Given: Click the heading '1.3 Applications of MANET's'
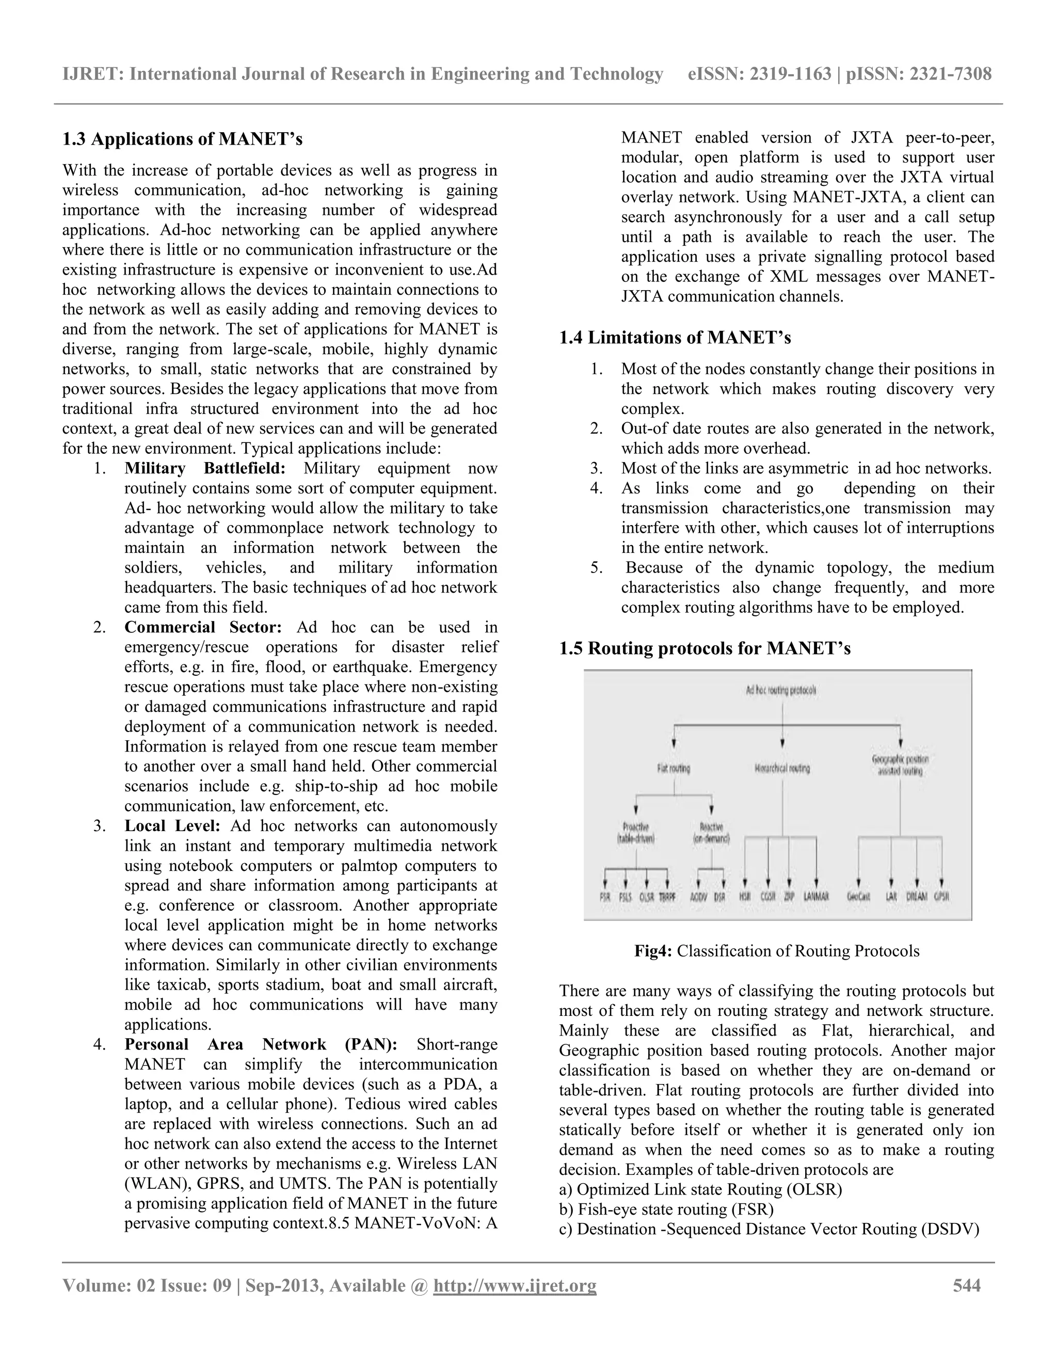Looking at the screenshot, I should [182, 139].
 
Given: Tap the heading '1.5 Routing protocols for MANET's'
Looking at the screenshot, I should [704, 648].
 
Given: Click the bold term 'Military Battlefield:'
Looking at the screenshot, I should [205, 469].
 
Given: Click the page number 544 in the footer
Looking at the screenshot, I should [966, 1286].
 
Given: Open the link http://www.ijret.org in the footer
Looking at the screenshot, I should [515, 1286].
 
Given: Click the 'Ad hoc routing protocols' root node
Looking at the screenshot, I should [781, 690].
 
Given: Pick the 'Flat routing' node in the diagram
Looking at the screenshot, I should [674, 768].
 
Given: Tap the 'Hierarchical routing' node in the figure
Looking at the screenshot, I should [782, 768].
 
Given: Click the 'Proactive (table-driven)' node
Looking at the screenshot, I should [636, 833].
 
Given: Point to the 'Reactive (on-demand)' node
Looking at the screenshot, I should [711, 833].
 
